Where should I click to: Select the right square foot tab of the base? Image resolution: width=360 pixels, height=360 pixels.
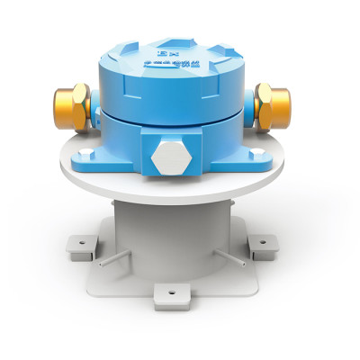[262, 246]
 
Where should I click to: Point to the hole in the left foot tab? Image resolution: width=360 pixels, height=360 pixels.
[81, 241]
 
